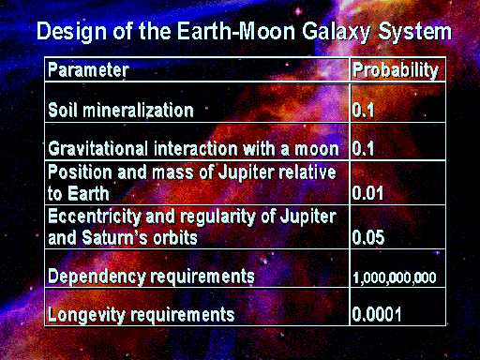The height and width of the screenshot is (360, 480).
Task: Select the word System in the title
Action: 415,33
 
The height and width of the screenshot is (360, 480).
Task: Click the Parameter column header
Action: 88,70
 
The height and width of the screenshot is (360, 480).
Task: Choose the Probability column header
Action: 396,70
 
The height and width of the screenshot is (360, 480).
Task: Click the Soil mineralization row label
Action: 121,111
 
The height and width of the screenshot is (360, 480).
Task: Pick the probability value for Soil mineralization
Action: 363,111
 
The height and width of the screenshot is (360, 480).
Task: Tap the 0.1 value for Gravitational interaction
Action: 363,148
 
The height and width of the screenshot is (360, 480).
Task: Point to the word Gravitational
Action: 97,148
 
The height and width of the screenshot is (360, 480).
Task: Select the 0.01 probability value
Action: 367,193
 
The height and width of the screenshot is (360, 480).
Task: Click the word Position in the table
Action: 80,172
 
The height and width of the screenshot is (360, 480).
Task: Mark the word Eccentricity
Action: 94,217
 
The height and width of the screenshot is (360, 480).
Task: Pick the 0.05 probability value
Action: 368,237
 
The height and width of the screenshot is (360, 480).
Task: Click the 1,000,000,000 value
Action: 395,277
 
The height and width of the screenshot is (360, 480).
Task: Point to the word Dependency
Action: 97,277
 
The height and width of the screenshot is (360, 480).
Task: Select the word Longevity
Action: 86,315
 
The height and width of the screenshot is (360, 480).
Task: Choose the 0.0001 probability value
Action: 377,314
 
